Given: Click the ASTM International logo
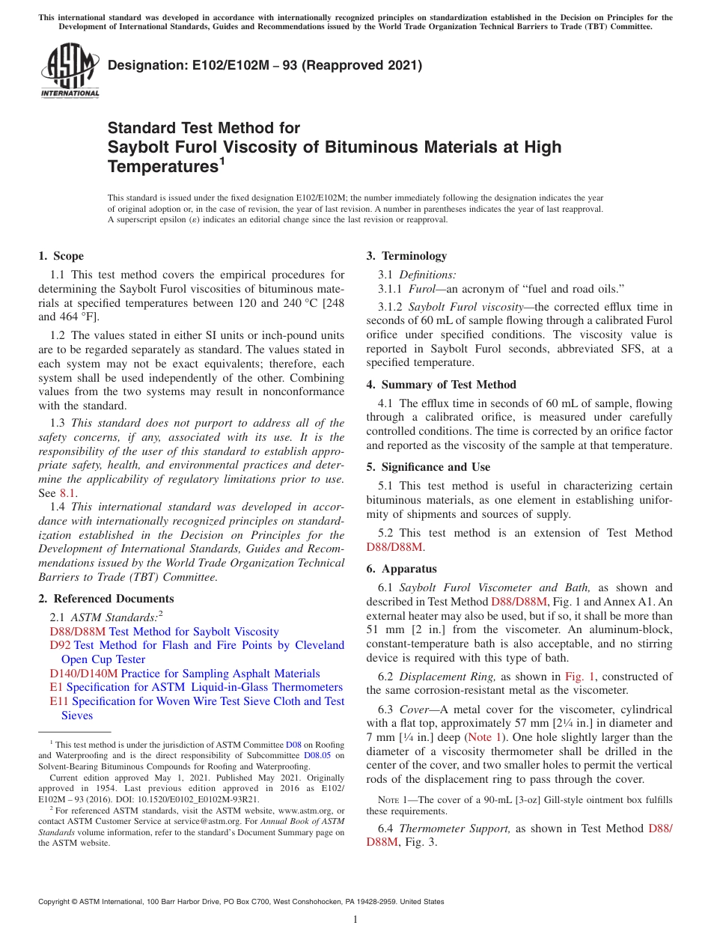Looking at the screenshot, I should (x=69, y=73).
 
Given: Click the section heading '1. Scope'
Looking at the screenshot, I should (x=61, y=256).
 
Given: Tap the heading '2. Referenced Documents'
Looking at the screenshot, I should (x=106, y=599).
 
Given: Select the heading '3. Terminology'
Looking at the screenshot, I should (x=406, y=256).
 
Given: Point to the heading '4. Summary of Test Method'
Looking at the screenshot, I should (x=441, y=385).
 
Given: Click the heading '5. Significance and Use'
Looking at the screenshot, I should (x=428, y=467).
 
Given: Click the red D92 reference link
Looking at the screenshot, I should (x=60, y=645).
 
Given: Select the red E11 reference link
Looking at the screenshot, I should (x=58, y=701).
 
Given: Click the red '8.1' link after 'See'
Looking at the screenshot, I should (x=67, y=493).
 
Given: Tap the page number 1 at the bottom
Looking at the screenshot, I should (x=355, y=919).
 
